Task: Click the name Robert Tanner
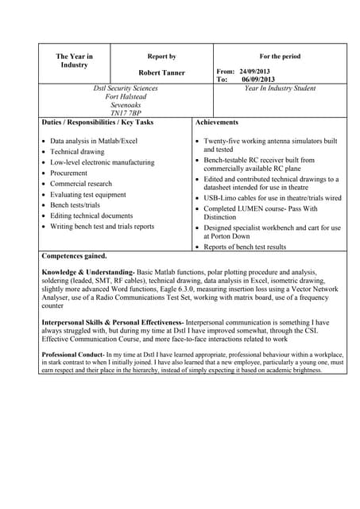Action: tap(161, 72)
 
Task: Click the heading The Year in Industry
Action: tap(74, 60)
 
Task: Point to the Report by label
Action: tap(161, 56)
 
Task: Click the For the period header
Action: tap(280, 56)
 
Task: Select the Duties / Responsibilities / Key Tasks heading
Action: tap(97, 122)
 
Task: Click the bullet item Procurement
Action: tap(69, 173)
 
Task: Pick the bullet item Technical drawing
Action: tap(77, 151)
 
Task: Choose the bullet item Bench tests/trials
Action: tap(75, 205)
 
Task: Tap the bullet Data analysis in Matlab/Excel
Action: tap(94, 141)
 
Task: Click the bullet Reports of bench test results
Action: tap(245, 247)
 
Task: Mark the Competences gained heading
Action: tap(74, 256)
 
